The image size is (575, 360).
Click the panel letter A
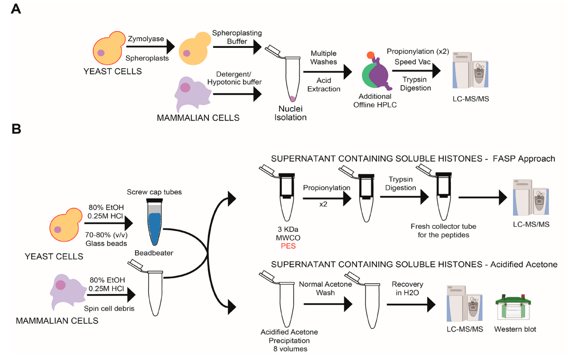coord(16,9)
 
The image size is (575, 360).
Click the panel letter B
coord(16,129)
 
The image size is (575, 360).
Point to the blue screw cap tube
coord(154,221)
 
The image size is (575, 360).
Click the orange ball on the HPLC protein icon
coord(370,55)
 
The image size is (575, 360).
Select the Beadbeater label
coord(154,253)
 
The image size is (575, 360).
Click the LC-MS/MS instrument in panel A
coord(472,74)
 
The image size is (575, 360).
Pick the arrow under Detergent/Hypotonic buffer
coord(237,94)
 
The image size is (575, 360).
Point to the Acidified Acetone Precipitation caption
coord(289,341)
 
